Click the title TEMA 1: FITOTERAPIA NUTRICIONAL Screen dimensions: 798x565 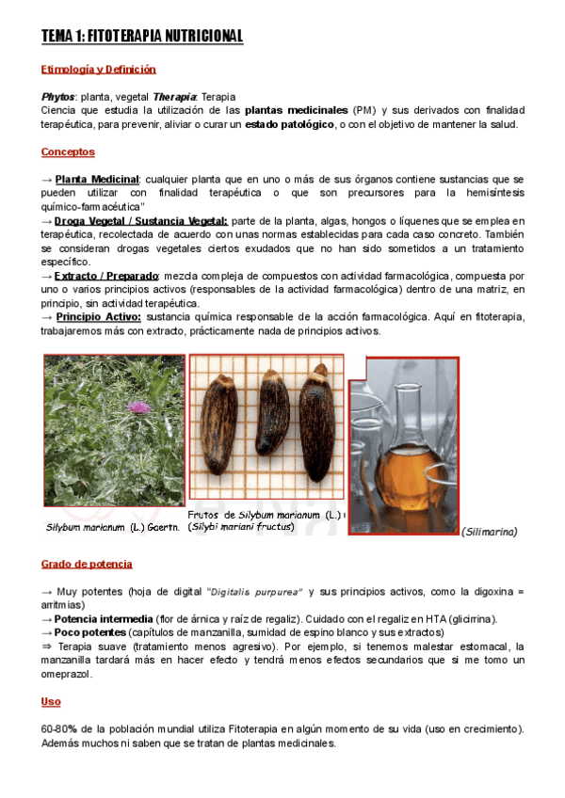click(142, 37)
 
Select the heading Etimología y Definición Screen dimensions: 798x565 click(99, 70)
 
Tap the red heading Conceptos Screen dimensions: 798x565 click(68, 152)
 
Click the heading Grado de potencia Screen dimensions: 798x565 click(87, 564)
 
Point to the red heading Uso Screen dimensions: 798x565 click(51, 702)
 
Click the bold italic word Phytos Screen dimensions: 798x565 click(57, 97)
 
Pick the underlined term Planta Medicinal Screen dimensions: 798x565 click(97, 179)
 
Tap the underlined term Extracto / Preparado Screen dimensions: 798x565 click(106, 276)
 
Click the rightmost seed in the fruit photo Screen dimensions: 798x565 click(315, 428)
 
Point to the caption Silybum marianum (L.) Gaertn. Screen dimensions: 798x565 click(113, 526)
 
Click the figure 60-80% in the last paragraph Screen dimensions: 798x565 click(61, 730)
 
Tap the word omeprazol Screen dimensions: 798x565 click(75, 674)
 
